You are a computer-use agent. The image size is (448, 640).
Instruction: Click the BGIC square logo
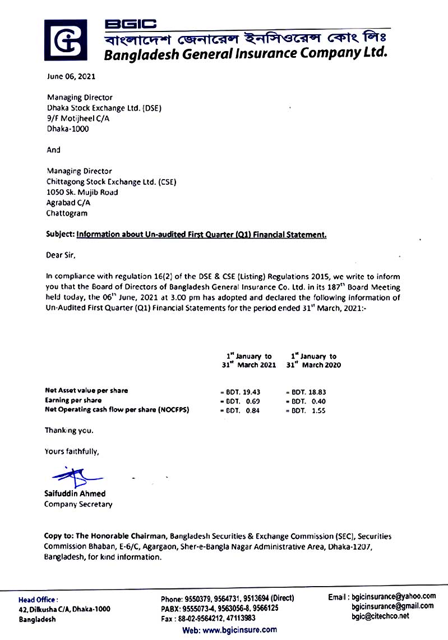(66, 40)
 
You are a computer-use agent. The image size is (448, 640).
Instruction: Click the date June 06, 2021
(67, 76)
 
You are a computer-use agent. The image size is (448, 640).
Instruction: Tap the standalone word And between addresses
(53, 150)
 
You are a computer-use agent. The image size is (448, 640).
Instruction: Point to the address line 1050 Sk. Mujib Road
(82, 192)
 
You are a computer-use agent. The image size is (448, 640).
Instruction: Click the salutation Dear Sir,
(60, 255)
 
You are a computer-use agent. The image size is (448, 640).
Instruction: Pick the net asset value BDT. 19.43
(243, 391)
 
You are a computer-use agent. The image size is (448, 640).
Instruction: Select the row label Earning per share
(73, 400)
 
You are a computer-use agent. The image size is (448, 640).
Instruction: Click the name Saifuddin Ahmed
(75, 493)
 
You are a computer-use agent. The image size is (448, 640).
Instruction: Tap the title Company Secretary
(78, 504)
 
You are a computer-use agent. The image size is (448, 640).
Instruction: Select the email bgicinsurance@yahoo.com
(394, 597)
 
